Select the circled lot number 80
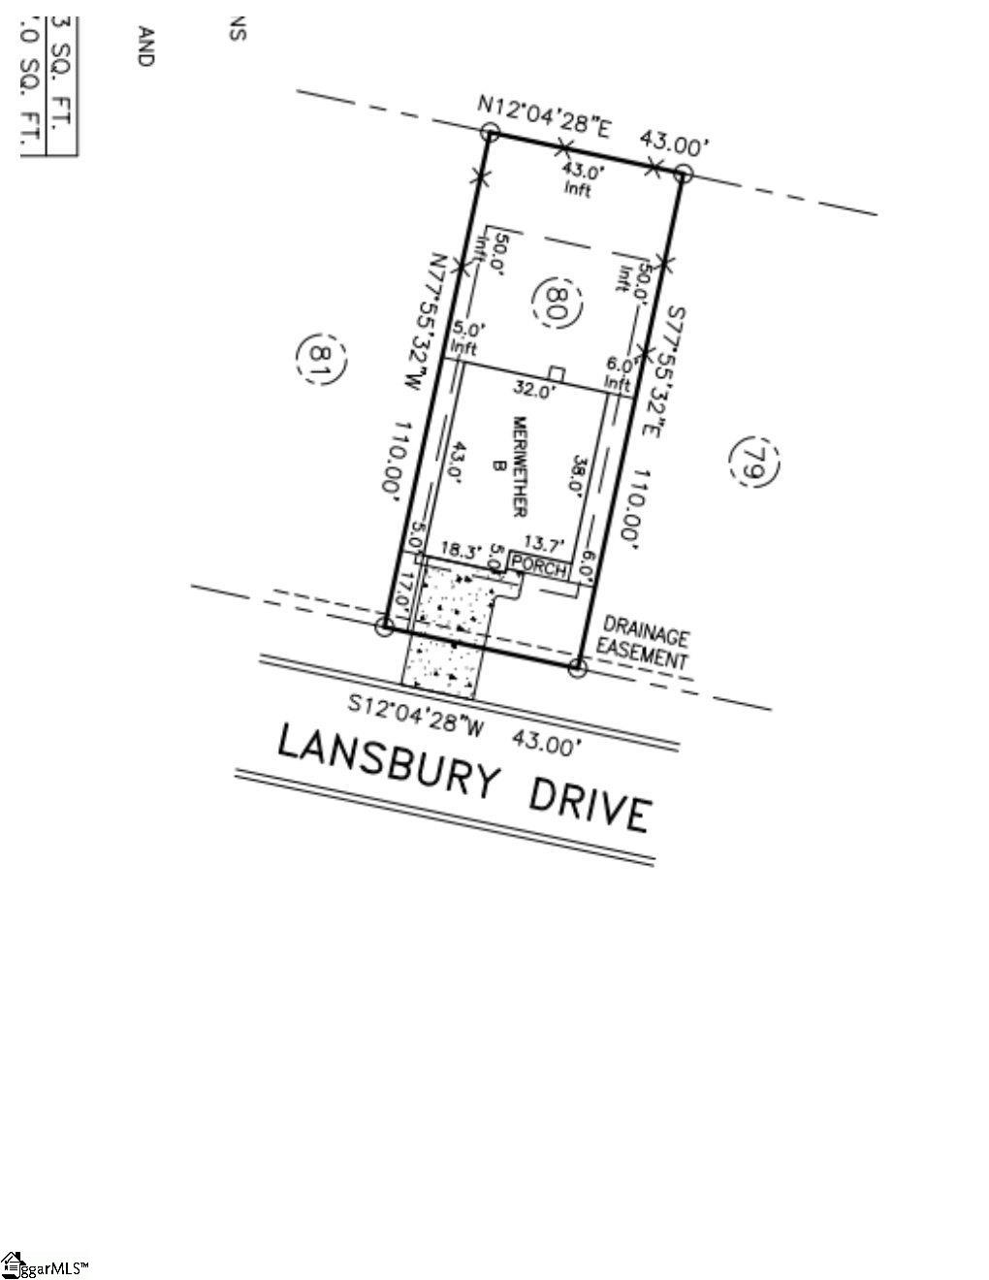coord(560,303)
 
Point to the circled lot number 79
coord(754,463)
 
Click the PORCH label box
coord(538,567)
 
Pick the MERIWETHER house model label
coord(518,465)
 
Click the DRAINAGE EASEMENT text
coord(645,642)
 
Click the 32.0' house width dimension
coord(534,391)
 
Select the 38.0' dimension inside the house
coord(580,476)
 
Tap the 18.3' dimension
coord(462,549)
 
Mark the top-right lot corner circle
coord(683,174)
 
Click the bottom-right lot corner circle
coord(576,668)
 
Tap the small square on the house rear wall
coord(557,373)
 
